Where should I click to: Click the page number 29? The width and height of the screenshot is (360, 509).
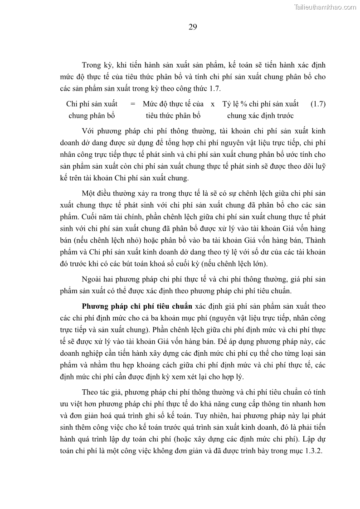pos(193,27)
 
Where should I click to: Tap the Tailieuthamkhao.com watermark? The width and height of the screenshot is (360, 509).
pos(325,7)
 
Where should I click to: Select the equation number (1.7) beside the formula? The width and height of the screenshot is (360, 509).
pos(318,104)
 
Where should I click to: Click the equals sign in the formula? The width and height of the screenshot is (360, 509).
pos(132,104)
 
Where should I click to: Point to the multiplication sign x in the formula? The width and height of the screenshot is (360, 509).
pos(213,104)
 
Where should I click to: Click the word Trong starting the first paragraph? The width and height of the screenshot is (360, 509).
pos(91,65)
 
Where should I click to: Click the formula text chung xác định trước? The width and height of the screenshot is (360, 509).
pos(260,116)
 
